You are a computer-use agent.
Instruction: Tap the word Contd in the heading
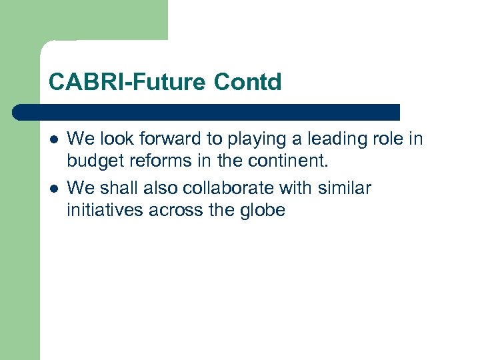pos(248,83)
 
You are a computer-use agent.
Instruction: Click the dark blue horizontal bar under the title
pos(207,112)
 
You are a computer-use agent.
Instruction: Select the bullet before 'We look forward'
pos(53,139)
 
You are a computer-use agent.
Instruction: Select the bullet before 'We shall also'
pos(53,189)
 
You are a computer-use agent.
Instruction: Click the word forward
pos(162,139)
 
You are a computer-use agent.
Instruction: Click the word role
pos(390,139)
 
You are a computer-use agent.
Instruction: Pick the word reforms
pos(149,161)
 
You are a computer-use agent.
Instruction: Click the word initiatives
pos(98,211)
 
